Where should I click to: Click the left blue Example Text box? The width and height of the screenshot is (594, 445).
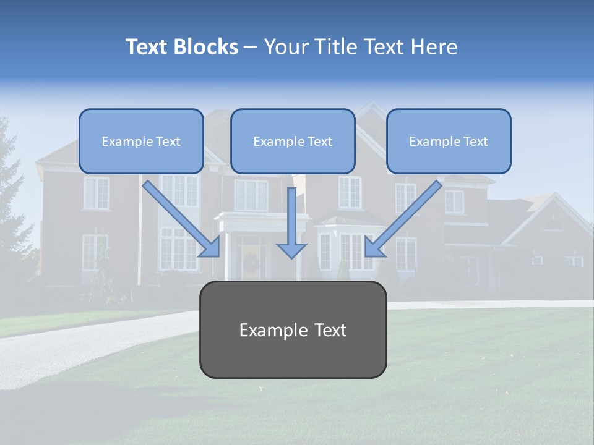(x=141, y=141)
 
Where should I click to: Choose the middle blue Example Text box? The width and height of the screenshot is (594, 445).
(x=293, y=141)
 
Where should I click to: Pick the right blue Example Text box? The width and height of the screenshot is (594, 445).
(x=449, y=141)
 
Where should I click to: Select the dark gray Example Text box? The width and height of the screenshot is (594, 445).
(x=293, y=329)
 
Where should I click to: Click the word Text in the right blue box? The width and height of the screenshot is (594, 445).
(x=475, y=142)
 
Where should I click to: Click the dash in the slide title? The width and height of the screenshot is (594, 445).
(x=251, y=47)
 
